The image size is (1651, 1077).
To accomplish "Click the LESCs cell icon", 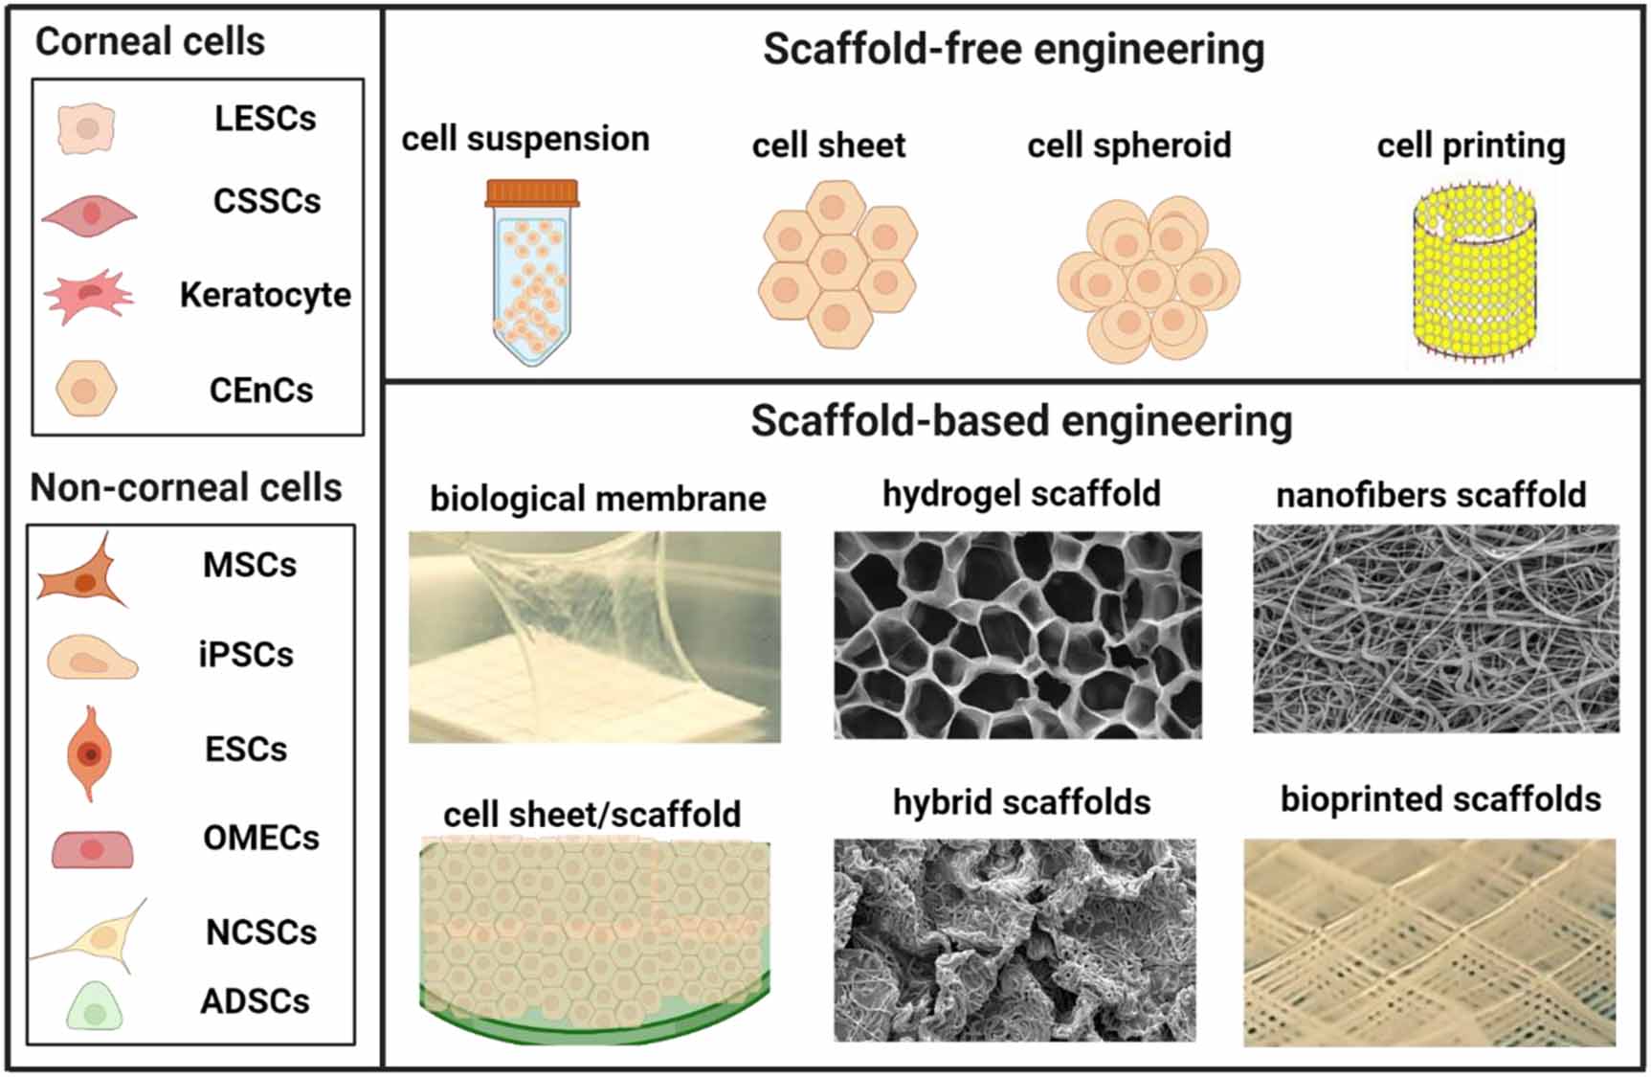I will [86, 128].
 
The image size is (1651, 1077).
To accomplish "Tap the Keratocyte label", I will [265, 295].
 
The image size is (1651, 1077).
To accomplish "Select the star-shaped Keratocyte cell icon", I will [88, 296].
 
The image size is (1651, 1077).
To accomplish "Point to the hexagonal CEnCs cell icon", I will [85, 389].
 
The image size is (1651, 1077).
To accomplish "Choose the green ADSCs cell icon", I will [94, 1005].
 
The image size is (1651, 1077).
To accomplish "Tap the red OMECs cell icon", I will [92, 848].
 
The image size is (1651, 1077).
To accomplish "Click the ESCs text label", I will [245, 749].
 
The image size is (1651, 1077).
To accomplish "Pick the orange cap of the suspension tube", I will [532, 193].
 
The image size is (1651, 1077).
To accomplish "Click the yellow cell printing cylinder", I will [1475, 273].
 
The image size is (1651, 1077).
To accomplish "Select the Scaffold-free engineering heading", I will [1013, 50].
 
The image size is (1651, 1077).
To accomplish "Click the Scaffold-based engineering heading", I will [1020, 421].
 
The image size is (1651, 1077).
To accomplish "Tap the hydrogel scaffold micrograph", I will [1017, 635].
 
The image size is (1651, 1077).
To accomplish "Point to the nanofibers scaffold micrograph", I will [1436, 628].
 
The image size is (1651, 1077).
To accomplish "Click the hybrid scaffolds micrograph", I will [1015, 940].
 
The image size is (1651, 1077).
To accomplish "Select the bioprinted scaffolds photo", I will [1430, 942].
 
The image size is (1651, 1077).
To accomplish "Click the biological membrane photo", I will [594, 637].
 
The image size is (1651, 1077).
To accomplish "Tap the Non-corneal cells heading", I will [186, 487].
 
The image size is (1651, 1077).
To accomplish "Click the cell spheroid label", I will [1128, 146].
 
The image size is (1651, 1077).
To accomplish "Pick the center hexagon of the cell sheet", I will [836, 261].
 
